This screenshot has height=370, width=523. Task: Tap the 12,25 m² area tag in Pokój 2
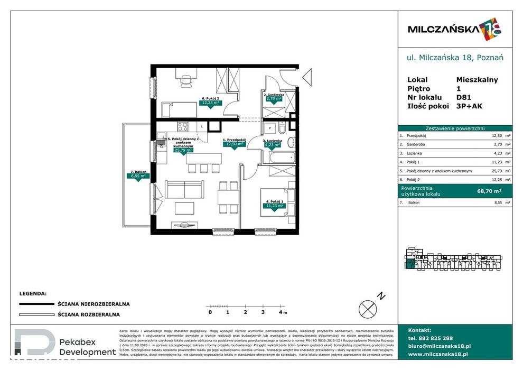pos(210,103)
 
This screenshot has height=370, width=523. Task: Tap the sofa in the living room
pos(184,189)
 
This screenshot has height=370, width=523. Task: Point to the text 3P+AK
pos(470,106)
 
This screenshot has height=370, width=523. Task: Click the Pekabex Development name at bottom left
pos(87,347)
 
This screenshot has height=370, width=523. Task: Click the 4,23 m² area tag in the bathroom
pos(273,142)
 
